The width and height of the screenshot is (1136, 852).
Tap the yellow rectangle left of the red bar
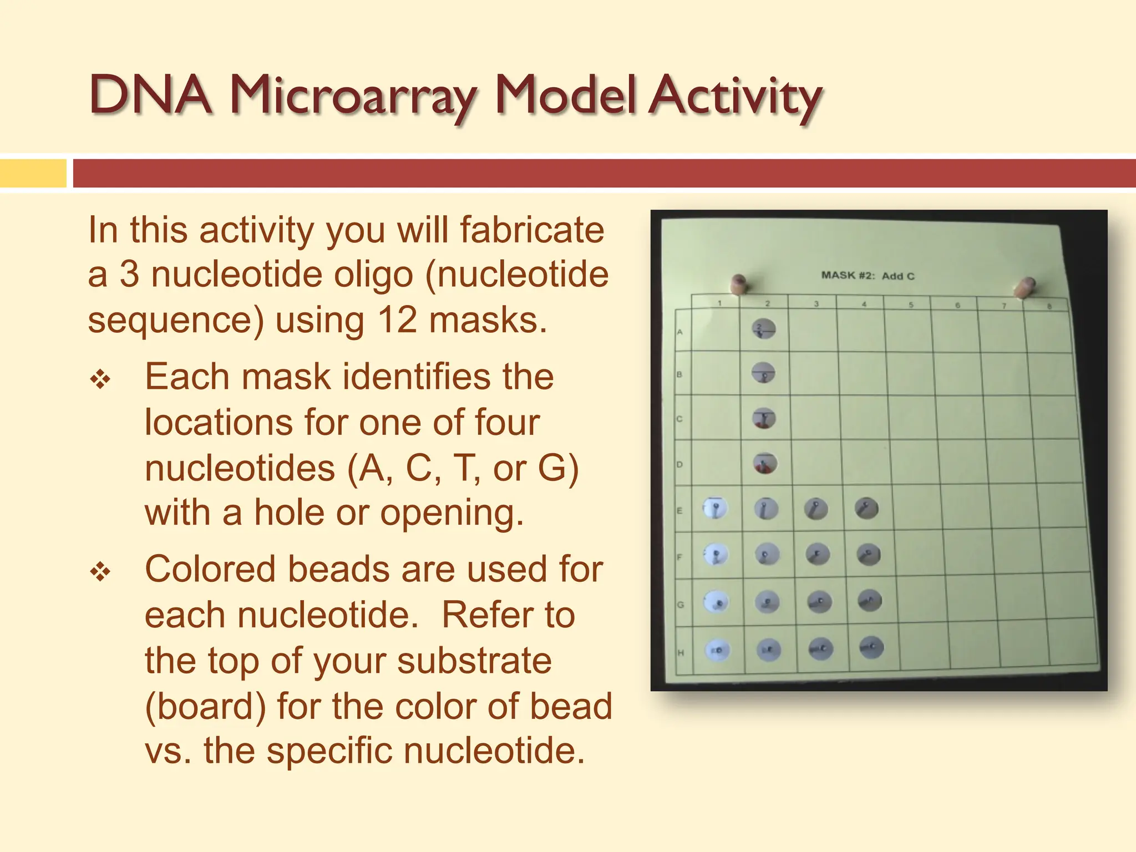point(33,173)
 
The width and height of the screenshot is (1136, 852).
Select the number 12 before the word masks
point(397,320)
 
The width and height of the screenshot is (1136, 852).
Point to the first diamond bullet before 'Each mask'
point(100,380)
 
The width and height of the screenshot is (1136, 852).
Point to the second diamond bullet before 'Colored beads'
point(100,571)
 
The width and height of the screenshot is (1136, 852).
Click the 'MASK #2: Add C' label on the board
point(868,276)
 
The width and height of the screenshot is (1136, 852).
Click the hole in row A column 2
point(764,329)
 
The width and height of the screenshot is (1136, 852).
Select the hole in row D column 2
point(765,463)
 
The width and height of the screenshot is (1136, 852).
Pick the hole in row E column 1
point(714,508)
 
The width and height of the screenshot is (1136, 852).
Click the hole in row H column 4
point(871,647)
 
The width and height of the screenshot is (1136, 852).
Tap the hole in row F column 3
point(817,554)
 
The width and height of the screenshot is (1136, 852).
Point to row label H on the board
point(681,653)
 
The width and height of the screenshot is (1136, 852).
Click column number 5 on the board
point(911,305)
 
